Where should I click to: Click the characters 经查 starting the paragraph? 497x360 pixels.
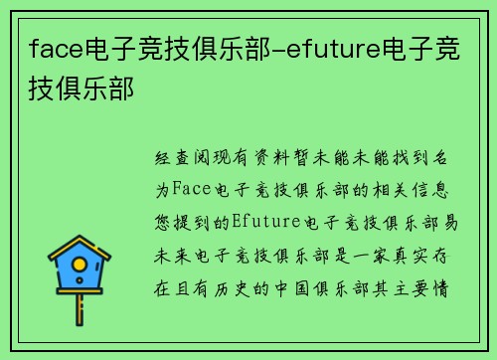coord(172,157)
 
